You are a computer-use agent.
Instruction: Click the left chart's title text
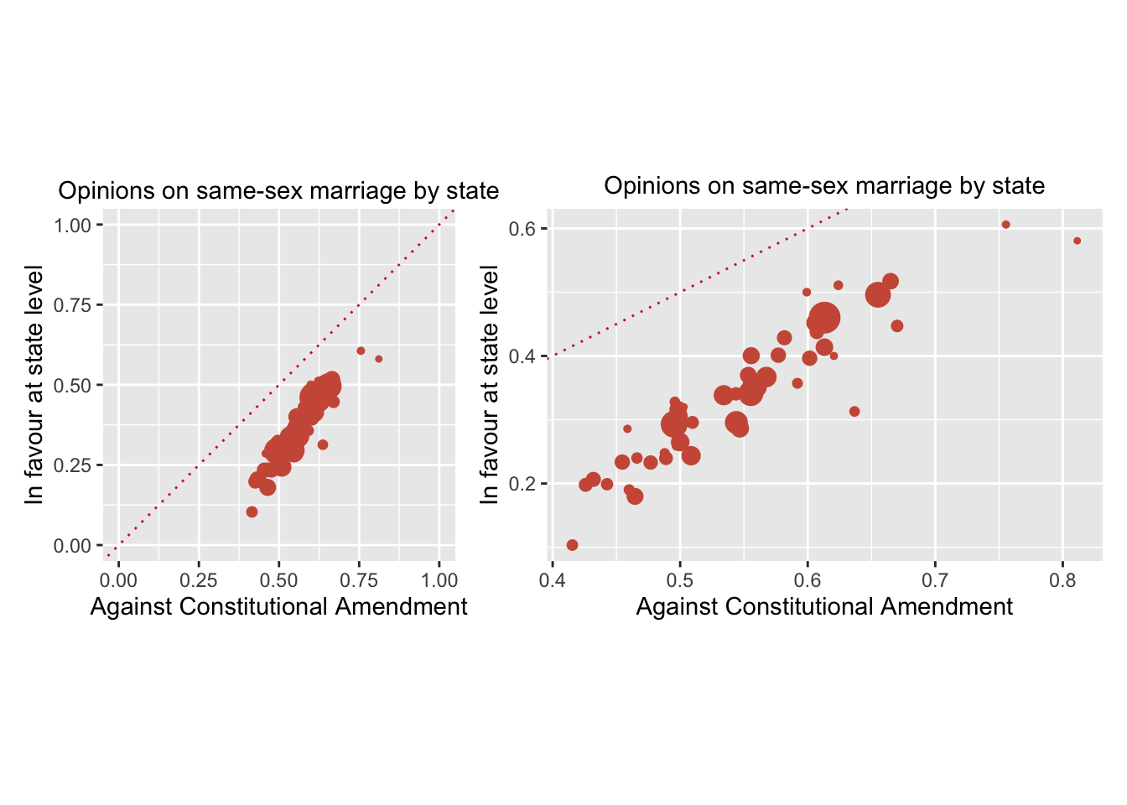pyautogui.click(x=278, y=191)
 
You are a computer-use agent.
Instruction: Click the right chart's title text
pyautogui.click(x=824, y=185)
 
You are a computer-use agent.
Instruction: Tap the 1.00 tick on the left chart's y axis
pyautogui.click(x=72, y=225)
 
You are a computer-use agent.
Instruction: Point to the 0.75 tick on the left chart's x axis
pyautogui.click(x=359, y=580)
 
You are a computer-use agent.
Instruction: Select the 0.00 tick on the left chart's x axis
pyautogui.click(x=118, y=580)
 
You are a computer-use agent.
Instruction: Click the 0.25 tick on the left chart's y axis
pyautogui.click(x=72, y=465)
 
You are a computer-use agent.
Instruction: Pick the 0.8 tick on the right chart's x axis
pyautogui.click(x=1062, y=580)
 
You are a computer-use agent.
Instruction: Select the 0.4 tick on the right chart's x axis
pyautogui.click(x=552, y=580)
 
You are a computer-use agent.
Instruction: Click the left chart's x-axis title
pyautogui.click(x=278, y=606)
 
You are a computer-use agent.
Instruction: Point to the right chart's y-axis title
pyautogui.click(x=490, y=385)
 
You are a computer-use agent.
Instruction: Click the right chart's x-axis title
pyautogui.click(x=824, y=606)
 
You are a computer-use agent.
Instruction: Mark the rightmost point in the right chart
pyautogui.click(x=1078, y=241)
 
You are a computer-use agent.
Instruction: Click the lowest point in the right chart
pyautogui.click(x=573, y=545)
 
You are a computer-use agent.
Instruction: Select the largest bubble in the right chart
pyautogui.click(x=824, y=318)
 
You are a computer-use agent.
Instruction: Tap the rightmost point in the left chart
pyautogui.click(x=378, y=359)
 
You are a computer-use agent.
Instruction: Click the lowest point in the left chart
pyautogui.click(x=252, y=512)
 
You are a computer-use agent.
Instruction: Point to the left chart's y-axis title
pyautogui.click(x=34, y=385)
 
